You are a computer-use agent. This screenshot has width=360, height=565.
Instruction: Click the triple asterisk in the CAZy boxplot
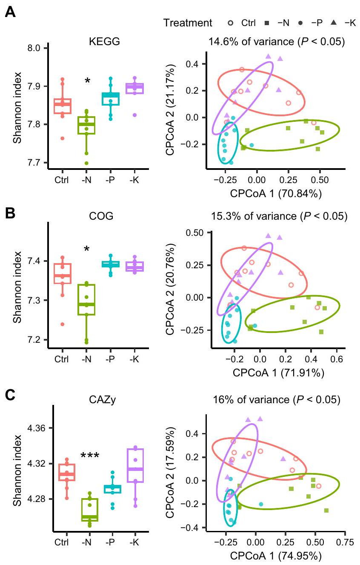(87, 456)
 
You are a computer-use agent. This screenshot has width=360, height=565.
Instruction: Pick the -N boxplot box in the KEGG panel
(86, 125)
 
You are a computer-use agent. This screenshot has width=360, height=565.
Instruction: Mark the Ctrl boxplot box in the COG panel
(62, 273)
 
